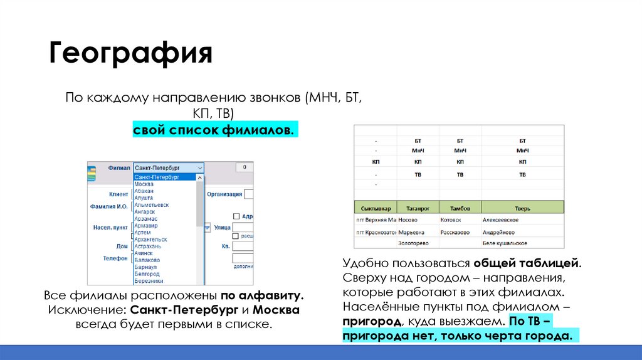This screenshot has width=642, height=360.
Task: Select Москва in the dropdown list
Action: tap(144, 184)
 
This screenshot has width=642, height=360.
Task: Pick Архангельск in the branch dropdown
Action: tap(150, 239)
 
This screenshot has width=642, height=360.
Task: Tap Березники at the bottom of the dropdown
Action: tap(148, 281)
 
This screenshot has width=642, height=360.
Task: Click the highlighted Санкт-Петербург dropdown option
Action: tap(157, 177)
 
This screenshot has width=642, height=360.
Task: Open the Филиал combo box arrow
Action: tap(199, 168)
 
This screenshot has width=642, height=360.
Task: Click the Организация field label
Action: tap(224, 194)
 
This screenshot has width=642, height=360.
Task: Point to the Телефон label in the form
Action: tap(115, 258)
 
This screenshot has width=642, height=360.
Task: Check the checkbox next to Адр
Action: tap(236, 215)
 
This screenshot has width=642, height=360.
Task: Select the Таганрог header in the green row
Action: tap(418, 208)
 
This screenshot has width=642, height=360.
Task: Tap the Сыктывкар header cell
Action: tap(376, 208)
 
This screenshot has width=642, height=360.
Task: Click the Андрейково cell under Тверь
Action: tap(499, 231)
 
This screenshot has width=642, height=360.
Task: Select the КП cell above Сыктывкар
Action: tap(376, 162)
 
